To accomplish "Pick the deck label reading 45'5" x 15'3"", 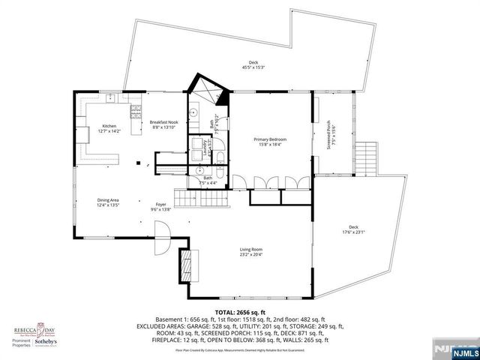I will [x=253, y=64].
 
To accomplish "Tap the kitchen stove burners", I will [x=136, y=113].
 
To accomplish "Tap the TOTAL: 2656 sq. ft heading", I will [x=239, y=311].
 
